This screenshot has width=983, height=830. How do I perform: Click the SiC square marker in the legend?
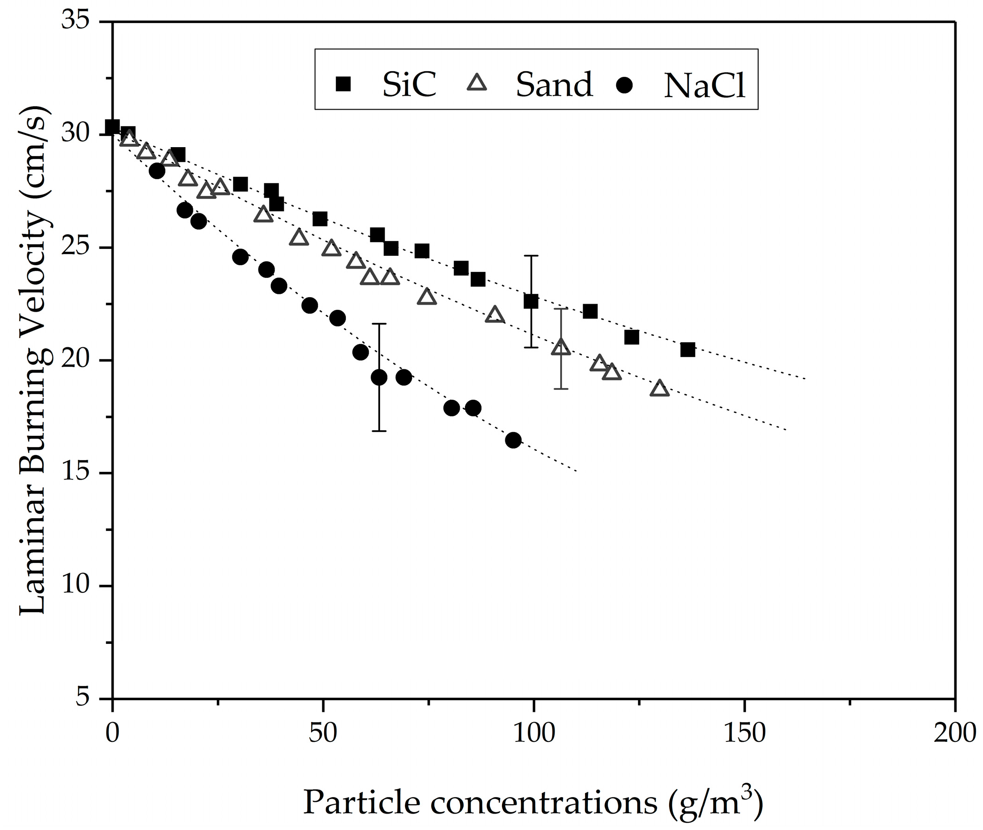click(x=343, y=84)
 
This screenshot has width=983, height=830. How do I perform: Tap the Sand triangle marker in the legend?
click(x=477, y=83)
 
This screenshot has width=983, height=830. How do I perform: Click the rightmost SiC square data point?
click(x=688, y=350)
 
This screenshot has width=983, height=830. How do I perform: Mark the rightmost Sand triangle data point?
click(x=659, y=388)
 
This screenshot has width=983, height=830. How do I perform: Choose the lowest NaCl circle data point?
click(x=513, y=441)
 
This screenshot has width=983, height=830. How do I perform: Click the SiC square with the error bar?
click(x=531, y=302)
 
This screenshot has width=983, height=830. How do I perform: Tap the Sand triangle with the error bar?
click(x=561, y=347)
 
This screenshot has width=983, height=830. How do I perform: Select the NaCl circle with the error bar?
click(x=379, y=377)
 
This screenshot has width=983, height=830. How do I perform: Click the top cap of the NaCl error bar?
click(x=379, y=324)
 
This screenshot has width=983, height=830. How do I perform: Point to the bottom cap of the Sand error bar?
click(x=561, y=389)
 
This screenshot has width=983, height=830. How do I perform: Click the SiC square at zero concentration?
click(x=112, y=127)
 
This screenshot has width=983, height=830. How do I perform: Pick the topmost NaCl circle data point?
click(x=157, y=171)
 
